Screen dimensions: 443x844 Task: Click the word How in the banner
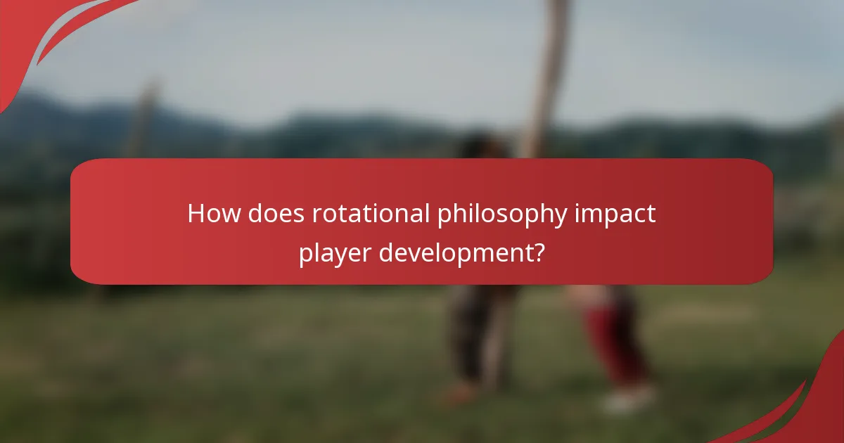pyautogui.click(x=214, y=214)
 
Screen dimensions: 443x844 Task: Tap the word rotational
pyautogui.click(x=371, y=214)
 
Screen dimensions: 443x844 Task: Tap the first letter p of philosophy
pyautogui.click(x=443, y=217)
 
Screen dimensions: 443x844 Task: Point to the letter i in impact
pyautogui.click(x=577, y=214)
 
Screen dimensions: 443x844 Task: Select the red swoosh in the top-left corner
pyautogui.click(x=42, y=35)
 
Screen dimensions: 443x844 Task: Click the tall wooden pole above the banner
pyautogui.click(x=549, y=70)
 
